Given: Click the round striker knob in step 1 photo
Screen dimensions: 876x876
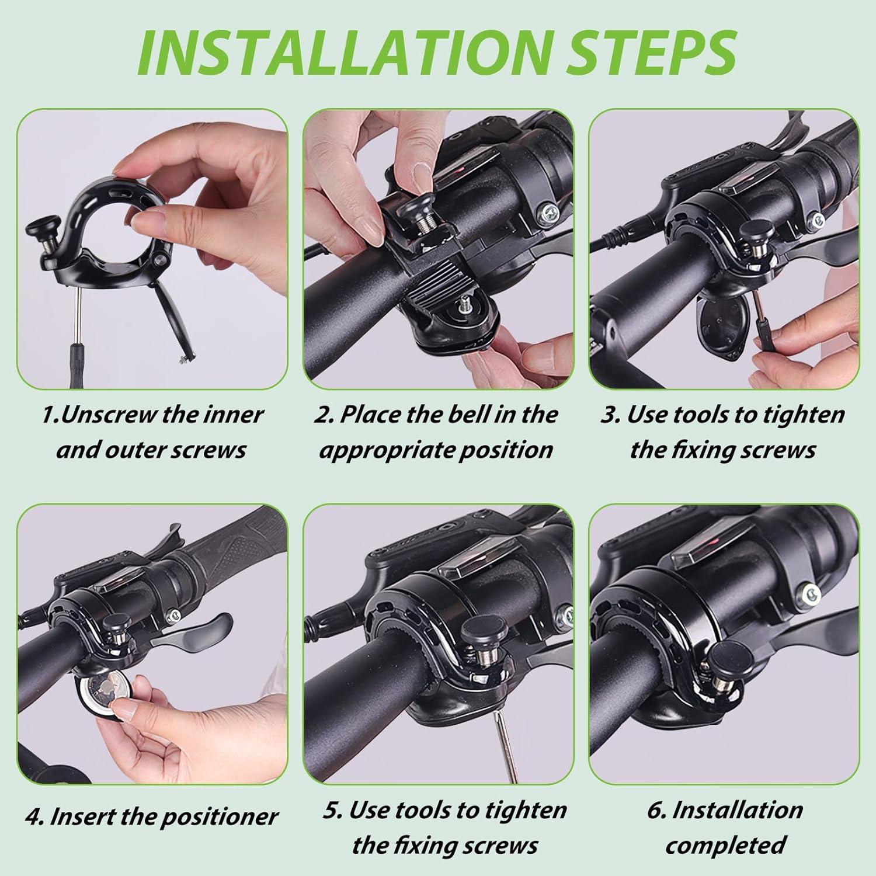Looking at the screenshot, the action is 39,225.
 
